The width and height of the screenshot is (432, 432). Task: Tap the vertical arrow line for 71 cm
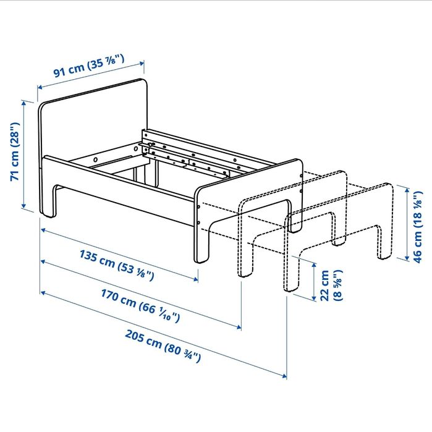[x=25, y=155]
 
